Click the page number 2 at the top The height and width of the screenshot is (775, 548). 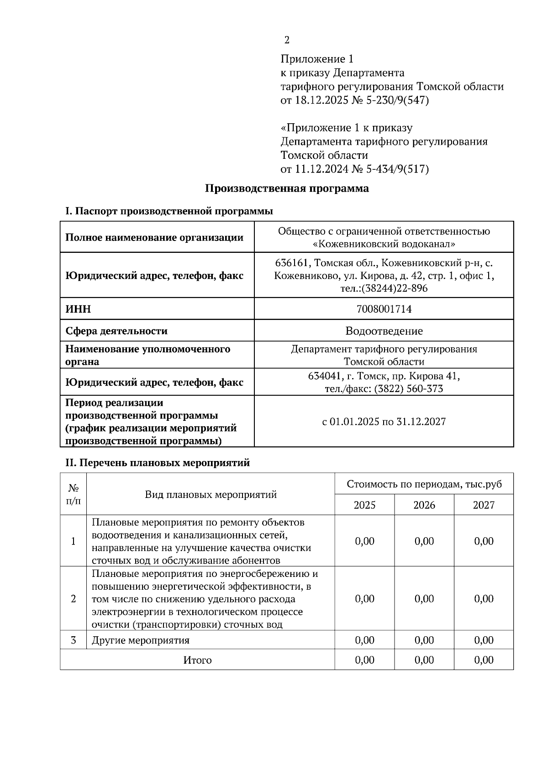click(287, 40)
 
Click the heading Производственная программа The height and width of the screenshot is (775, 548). click(286, 188)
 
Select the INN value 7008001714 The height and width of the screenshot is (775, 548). click(384, 309)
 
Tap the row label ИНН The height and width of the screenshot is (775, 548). click(78, 309)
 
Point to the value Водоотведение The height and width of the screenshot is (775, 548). click(384, 331)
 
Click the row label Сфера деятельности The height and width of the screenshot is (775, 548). click(116, 331)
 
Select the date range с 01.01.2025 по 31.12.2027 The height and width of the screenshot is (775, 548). click(384, 421)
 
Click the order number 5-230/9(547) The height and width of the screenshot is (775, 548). click(397, 100)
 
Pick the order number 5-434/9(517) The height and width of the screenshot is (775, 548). click(397, 169)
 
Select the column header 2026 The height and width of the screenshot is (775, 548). click(424, 505)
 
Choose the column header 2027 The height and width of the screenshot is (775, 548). click(484, 505)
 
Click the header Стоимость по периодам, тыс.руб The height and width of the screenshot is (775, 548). click(424, 484)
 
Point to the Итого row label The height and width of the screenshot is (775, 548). click(197, 660)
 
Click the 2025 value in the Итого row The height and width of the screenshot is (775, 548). click(364, 660)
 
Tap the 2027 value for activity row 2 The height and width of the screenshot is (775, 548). click(484, 598)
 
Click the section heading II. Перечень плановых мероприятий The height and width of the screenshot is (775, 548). click(158, 462)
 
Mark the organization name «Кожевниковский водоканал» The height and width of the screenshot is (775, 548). click(384, 244)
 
